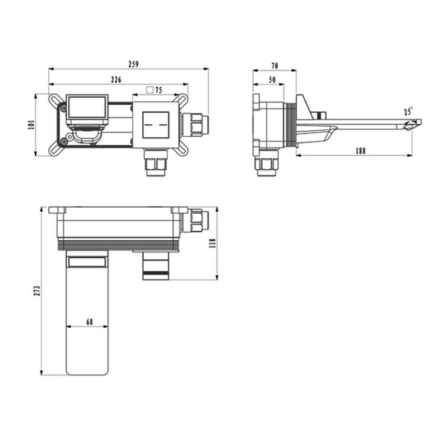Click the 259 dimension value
click(x=133, y=64)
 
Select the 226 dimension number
click(x=116, y=80)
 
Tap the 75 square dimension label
click(x=158, y=90)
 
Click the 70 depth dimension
click(x=275, y=66)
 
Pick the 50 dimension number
click(x=272, y=80)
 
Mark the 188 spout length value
click(x=360, y=151)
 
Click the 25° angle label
click(x=409, y=112)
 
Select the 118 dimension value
click(x=212, y=243)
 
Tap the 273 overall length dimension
click(x=37, y=291)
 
